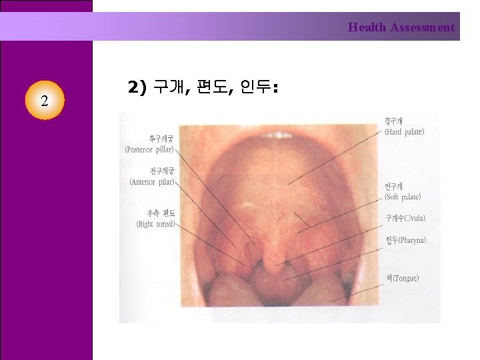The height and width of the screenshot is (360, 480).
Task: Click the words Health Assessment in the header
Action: coord(401,27)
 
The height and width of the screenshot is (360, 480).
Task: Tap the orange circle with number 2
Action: coord(43,101)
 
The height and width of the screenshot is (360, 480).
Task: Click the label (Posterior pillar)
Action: coord(150,149)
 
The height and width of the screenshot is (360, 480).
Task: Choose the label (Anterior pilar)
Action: coord(153,181)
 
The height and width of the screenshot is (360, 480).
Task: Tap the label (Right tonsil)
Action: coord(155,224)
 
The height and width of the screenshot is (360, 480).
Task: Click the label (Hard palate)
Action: coord(404,132)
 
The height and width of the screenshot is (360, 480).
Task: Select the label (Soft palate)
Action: coord(403,197)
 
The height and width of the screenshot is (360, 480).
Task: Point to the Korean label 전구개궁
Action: coord(160,171)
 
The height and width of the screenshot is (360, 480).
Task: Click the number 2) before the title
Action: coord(136,87)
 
